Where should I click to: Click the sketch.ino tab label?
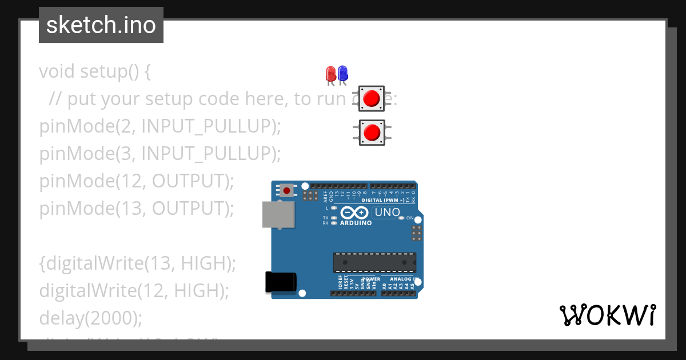101,25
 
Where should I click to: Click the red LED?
330,74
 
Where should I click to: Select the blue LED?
342,74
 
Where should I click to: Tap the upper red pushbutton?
372,98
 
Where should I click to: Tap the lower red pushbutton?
372,132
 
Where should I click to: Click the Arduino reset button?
286,190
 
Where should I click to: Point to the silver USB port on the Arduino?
279,214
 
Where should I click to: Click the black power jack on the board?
281,282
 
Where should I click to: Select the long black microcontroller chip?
374,262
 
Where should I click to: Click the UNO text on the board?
387,213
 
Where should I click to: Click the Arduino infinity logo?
355,213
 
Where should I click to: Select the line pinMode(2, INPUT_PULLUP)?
160,126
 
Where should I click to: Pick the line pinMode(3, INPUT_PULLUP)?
160,154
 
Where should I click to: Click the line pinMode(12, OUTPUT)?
137,181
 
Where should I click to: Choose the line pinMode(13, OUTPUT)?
137,209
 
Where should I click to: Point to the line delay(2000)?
90,318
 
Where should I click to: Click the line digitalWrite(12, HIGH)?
134,290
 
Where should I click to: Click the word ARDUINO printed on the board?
356,223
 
